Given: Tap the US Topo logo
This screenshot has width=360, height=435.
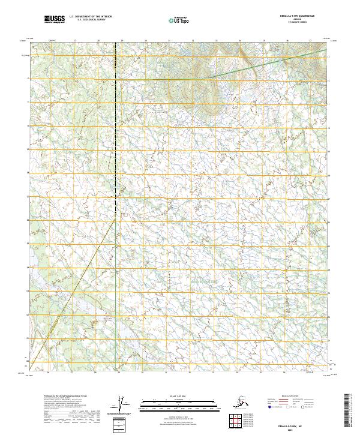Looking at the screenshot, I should click(176, 20).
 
